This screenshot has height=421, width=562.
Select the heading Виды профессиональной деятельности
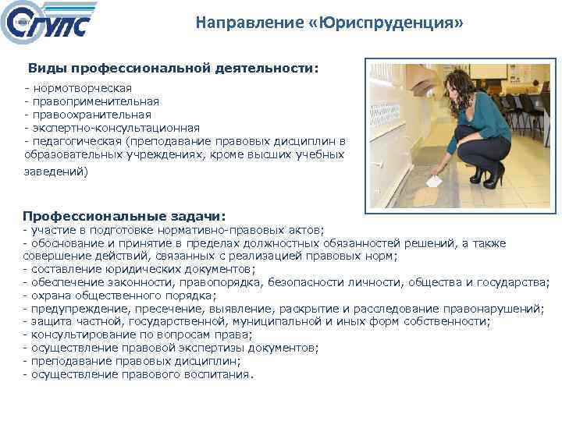(x=173, y=69)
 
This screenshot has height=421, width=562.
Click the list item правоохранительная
(x=94, y=115)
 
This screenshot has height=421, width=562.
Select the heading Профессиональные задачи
(x=124, y=215)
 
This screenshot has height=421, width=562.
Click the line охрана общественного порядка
(x=122, y=295)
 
